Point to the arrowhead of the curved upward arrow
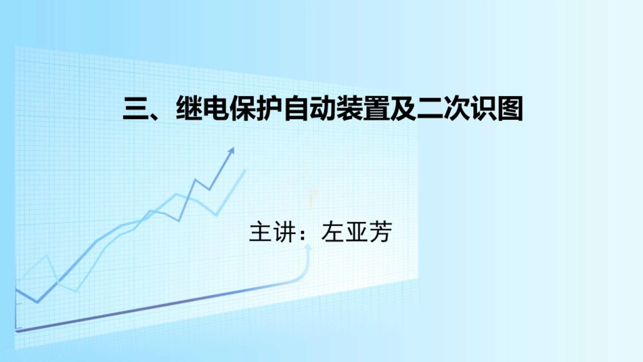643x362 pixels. [309, 247]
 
